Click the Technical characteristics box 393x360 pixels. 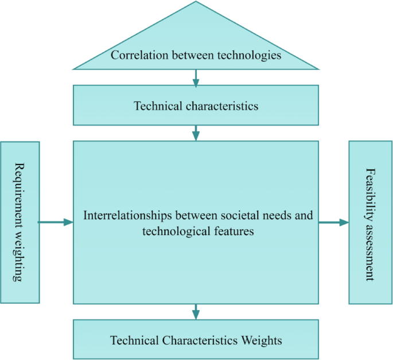196,105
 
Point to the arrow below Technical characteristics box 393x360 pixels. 196,133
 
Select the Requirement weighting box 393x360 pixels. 20,222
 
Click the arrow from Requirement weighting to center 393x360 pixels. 56,222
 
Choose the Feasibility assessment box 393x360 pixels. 370,222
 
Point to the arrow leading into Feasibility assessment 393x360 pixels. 334,222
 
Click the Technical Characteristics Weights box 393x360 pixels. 196,340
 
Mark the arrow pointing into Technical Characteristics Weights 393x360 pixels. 196,312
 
